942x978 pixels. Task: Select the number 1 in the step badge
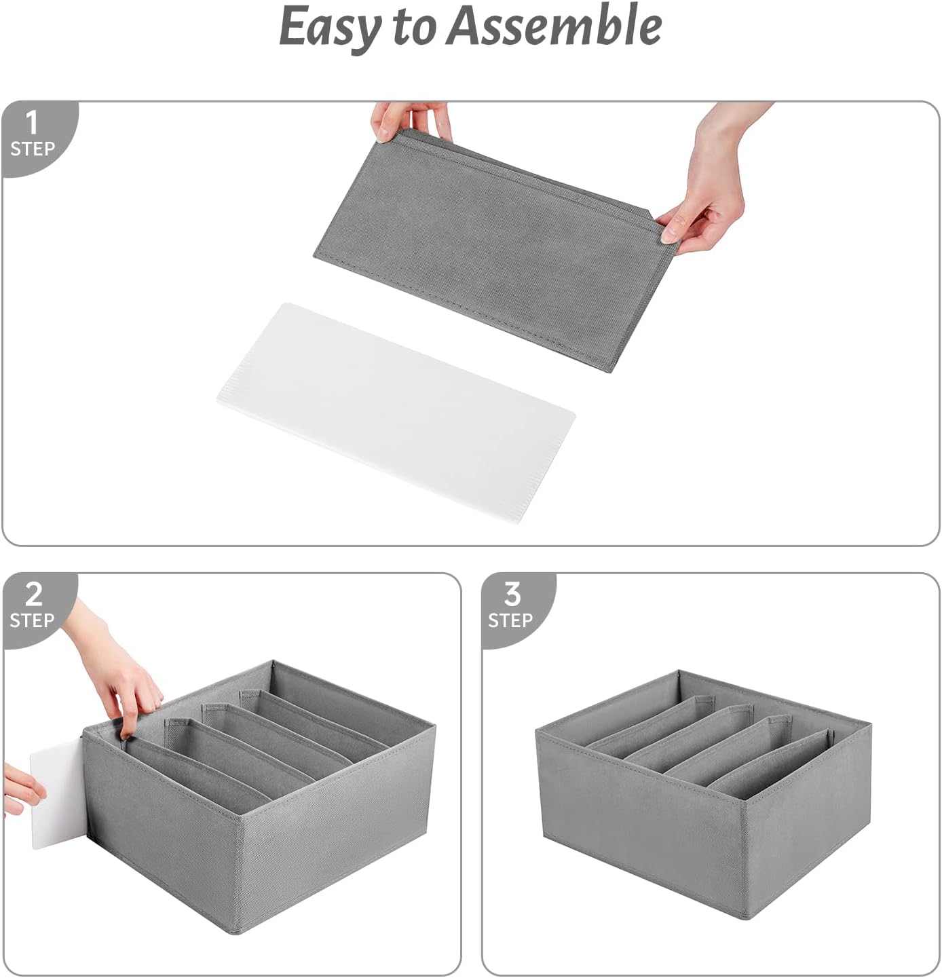point(31,124)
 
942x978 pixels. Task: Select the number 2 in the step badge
point(33,595)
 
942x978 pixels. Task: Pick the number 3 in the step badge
point(512,595)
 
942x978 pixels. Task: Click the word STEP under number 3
point(510,620)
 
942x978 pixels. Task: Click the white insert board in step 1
point(396,404)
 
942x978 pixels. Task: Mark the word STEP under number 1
point(32,149)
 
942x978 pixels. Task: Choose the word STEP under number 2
point(32,620)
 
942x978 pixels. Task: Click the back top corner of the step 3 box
point(679,673)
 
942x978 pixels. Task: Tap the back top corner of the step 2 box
point(273,662)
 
